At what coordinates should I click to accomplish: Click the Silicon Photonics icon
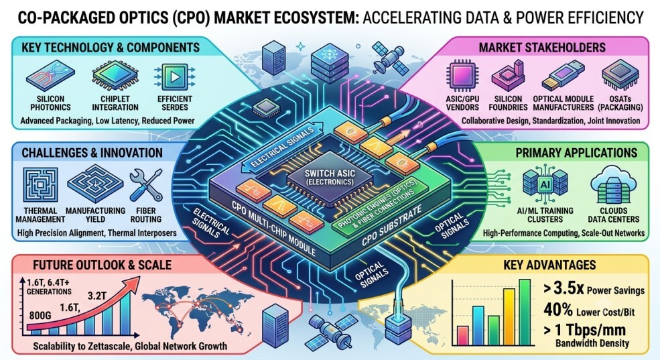(50, 76)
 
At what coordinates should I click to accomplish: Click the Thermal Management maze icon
(40, 184)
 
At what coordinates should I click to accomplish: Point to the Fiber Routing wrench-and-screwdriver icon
(146, 185)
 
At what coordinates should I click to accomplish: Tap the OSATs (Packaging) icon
(620, 76)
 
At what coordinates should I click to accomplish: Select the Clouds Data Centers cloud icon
(613, 184)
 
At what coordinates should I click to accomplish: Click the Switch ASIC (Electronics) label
(330, 177)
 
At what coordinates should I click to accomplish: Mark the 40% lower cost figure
(557, 310)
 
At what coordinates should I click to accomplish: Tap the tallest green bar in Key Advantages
(525, 312)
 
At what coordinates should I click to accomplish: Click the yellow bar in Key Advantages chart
(509, 316)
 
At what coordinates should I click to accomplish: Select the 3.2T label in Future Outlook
(96, 296)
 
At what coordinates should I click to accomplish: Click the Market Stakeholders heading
(542, 48)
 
